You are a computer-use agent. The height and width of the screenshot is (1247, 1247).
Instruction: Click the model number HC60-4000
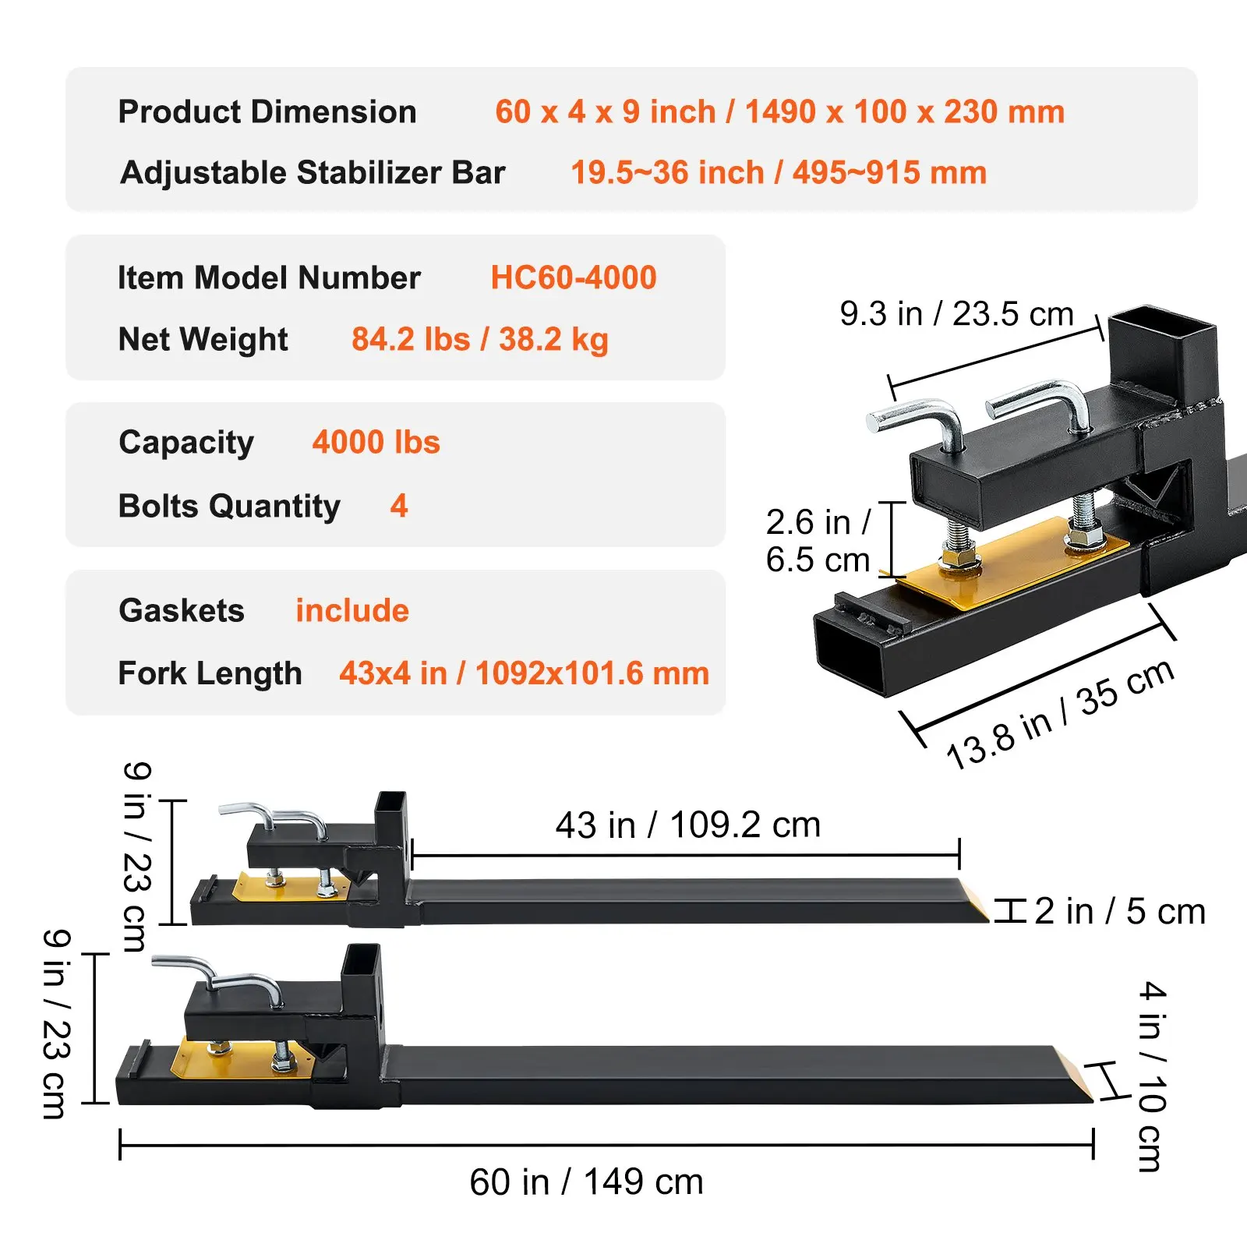pyautogui.click(x=573, y=277)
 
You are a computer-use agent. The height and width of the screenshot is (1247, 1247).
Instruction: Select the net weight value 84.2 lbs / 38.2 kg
pyautogui.click(x=479, y=339)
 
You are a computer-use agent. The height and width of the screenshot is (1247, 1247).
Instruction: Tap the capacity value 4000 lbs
pyautogui.click(x=376, y=443)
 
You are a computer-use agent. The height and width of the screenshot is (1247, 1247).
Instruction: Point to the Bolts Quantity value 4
pyautogui.click(x=399, y=507)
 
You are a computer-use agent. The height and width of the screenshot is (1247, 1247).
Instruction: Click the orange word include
pyautogui.click(x=352, y=610)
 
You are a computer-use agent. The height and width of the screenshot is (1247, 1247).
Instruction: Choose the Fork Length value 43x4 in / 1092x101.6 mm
pyautogui.click(x=524, y=673)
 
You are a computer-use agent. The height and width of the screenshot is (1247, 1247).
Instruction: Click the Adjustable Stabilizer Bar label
pyautogui.click(x=313, y=172)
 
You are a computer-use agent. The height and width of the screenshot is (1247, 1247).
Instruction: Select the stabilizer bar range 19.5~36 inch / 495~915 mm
pyautogui.click(x=779, y=172)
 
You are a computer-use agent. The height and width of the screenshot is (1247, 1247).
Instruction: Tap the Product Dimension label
pyautogui.click(x=267, y=111)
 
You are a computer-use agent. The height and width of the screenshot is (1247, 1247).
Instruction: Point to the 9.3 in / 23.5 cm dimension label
pyautogui.click(x=956, y=314)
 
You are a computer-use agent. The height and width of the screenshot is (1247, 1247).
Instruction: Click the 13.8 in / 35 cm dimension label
pyautogui.click(x=1060, y=713)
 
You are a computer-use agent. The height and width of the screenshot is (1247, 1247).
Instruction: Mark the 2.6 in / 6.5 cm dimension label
pyautogui.click(x=818, y=541)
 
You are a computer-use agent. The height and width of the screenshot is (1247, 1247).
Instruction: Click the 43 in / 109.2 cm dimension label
pyautogui.click(x=687, y=825)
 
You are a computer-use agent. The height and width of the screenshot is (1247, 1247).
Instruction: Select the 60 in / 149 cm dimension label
pyautogui.click(x=586, y=1182)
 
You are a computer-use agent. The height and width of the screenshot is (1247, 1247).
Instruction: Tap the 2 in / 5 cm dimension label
pyautogui.click(x=1120, y=911)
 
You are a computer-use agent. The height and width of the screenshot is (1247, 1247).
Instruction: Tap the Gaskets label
pyautogui.click(x=182, y=610)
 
